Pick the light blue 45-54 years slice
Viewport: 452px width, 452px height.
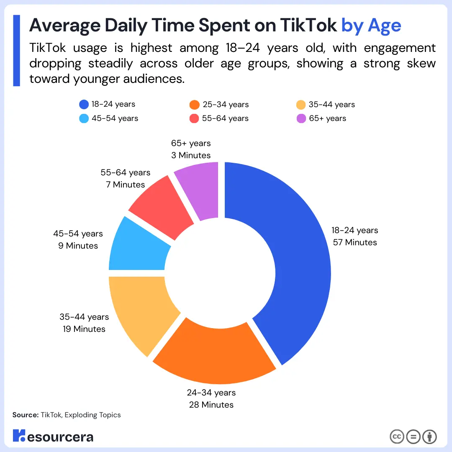coord(138,247)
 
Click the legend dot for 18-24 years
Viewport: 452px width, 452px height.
coord(84,105)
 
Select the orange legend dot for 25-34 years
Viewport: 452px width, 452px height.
coord(194,105)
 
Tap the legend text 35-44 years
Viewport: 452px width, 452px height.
coord(331,105)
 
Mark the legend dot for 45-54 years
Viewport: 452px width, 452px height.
coord(84,118)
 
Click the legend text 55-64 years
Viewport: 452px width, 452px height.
coord(225,118)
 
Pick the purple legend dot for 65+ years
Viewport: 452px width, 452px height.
coord(301,118)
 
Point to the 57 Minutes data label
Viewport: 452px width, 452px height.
coord(355,242)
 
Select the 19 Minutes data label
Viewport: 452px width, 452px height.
coord(84,329)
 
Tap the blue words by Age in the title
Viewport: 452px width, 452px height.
coord(371,26)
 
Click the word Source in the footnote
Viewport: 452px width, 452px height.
coord(26,415)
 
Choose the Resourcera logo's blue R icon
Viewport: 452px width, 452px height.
coord(19,435)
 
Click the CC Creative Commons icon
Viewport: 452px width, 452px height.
coord(397,437)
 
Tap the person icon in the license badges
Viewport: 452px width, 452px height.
coord(429,437)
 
